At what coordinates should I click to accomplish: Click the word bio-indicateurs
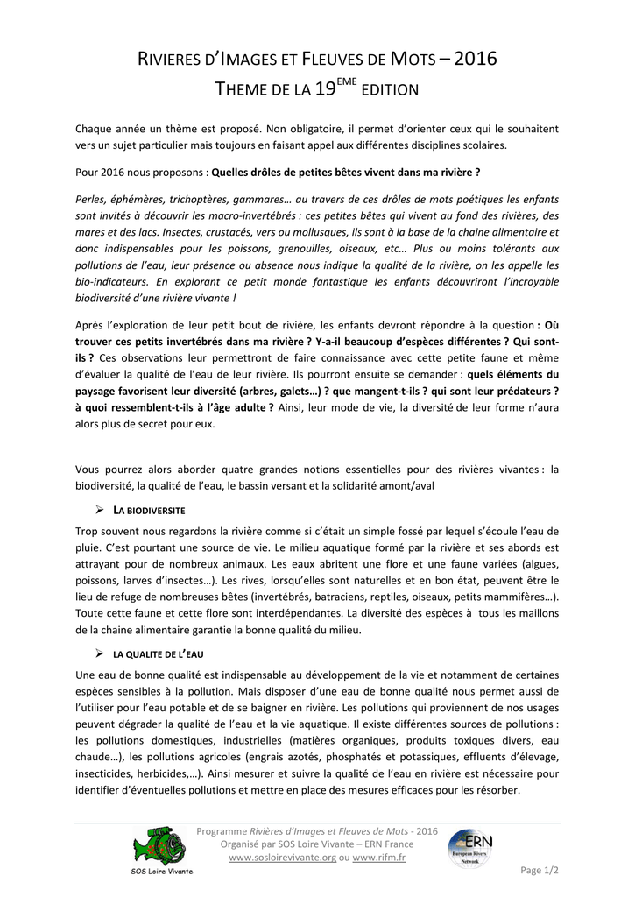coord(112,282)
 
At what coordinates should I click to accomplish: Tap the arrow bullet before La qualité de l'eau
coord(99,654)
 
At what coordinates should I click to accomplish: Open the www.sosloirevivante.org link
coord(282,857)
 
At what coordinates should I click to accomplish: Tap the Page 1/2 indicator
coord(540,870)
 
